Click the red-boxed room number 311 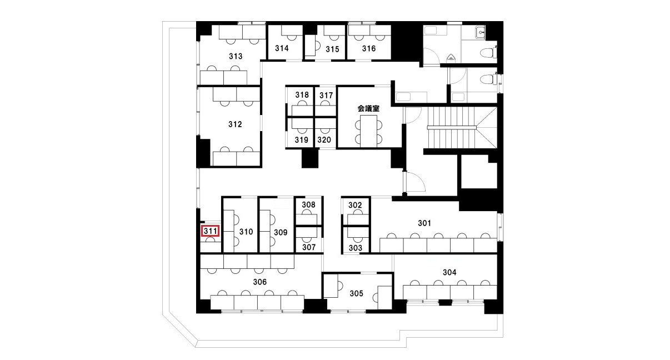(210, 231)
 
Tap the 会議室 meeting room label (368, 108)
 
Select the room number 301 (424, 223)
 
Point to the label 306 (259, 282)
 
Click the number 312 (235, 124)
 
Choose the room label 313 (236, 56)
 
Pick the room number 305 (357, 294)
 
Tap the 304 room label (449, 272)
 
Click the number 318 (302, 95)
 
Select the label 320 (324, 140)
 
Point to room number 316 (369, 48)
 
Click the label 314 (282, 48)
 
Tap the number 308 (308, 205)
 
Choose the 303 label (356, 248)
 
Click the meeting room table (368, 131)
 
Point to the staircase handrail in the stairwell (452, 128)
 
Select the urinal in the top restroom (451, 57)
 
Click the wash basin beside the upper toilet (481, 33)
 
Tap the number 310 (246, 232)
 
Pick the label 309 (281, 232)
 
